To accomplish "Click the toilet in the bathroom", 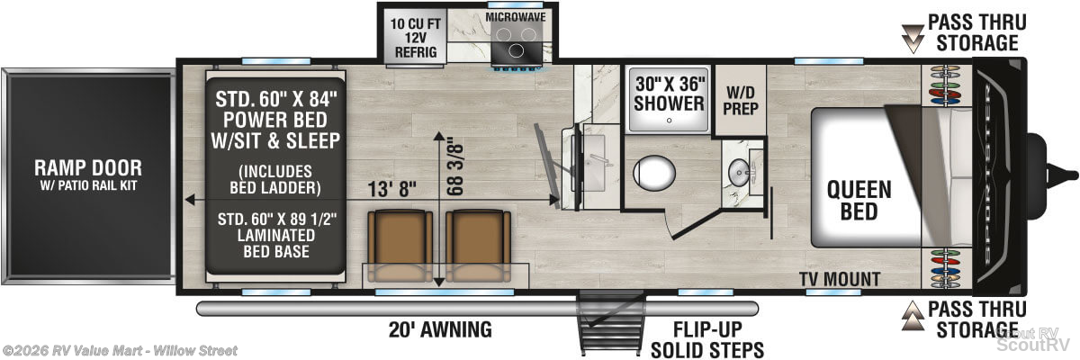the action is (x=654, y=172).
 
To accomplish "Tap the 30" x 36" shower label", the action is (x=670, y=94).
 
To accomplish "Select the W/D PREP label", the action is (x=741, y=101).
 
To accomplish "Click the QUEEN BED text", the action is (x=859, y=201).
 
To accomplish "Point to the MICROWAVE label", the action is (x=516, y=17).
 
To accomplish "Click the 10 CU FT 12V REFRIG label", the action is (x=416, y=38).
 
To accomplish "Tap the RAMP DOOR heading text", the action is (x=88, y=167).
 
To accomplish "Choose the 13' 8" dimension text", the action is (x=391, y=189).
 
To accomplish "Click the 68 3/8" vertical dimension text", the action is (x=455, y=167).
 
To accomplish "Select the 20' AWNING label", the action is (x=440, y=329).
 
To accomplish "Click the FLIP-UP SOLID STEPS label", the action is (x=707, y=340).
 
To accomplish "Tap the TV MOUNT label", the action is (x=840, y=279).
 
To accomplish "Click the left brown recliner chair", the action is (x=400, y=246).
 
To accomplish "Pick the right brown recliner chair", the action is (x=478, y=246).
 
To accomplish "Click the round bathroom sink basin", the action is (x=739, y=172).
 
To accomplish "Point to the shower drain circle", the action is (x=670, y=121).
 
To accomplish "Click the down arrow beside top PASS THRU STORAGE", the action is (x=913, y=39).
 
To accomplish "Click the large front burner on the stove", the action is (x=516, y=49).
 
